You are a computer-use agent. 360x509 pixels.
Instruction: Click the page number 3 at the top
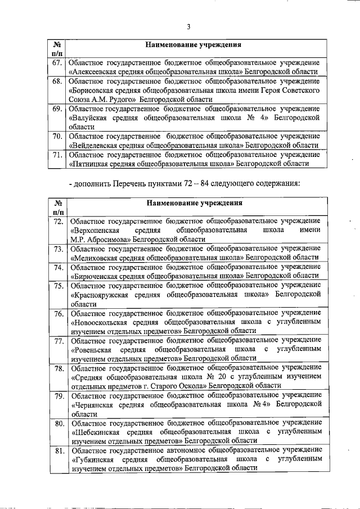[189, 26]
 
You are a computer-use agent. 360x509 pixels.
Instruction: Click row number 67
[57, 62]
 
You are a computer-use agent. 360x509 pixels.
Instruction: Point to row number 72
[57, 221]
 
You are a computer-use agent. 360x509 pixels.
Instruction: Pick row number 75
[57, 285]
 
